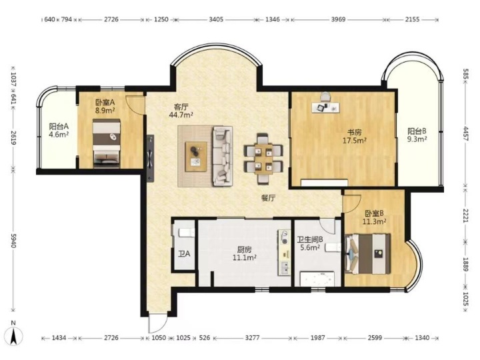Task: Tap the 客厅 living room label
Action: tap(181, 107)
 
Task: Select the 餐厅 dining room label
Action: tap(268, 198)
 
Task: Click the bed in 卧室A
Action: tap(106, 143)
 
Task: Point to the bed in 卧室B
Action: tap(367, 254)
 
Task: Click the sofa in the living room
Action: tap(223, 156)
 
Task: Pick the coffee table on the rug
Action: tap(196, 157)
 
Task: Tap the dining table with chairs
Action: tap(263, 159)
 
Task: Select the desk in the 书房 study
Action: tap(326, 107)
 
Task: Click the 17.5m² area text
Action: tap(355, 141)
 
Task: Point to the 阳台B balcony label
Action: tap(417, 131)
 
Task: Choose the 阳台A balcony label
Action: tap(59, 126)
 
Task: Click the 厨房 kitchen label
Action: tap(244, 249)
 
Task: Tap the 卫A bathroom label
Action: tap(184, 253)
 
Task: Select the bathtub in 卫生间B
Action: tap(317, 279)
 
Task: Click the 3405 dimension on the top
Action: tap(216, 19)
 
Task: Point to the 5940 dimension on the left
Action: tap(13, 241)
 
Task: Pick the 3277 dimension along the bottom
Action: tap(252, 338)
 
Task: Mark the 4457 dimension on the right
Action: tap(465, 134)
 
